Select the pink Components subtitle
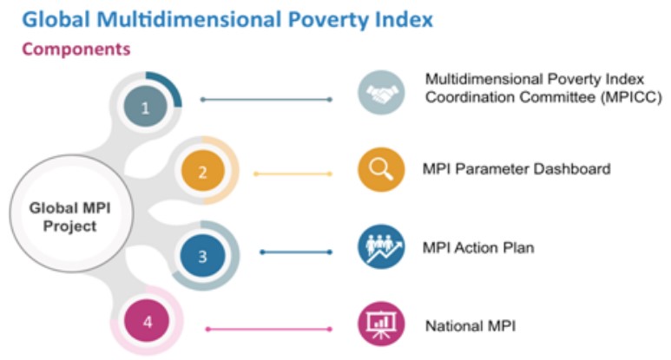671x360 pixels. [x=76, y=49]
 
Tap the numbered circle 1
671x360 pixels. [x=146, y=107]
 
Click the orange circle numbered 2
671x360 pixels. [x=202, y=171]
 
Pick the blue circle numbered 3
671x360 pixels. [x=202, y=256]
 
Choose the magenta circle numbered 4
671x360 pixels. [x=147, y=321]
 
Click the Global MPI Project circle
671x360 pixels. [x=71, y=213]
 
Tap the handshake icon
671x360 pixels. [x=381, y=93]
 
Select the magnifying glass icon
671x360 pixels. [x=381, y=169]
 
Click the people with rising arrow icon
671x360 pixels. [x=381, y=246]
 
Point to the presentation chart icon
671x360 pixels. [x=381, y=324]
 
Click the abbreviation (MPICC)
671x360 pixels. [x=631, y=97]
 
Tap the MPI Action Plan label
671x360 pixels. [x=478, y=247]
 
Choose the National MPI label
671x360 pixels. [x=470, y=326]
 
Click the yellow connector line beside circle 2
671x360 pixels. [x=293, y=174]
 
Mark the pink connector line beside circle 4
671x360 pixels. [x=269, y=330]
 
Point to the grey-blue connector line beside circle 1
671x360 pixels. [x=266, y=100]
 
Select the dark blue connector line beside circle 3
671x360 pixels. [x=296, y=252]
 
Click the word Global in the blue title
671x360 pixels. [x=56, y=20]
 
